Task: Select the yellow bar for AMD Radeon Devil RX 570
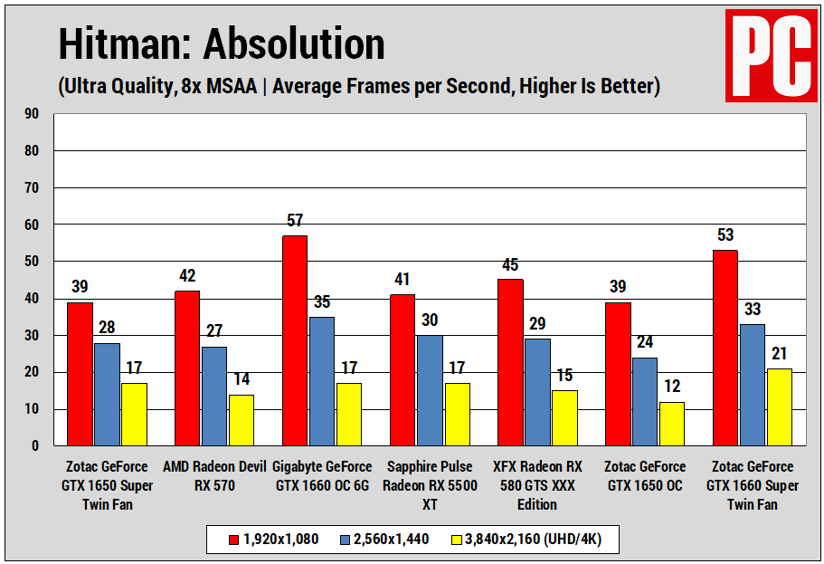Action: point(241,420)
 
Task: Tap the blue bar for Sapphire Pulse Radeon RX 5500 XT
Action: point(429,390)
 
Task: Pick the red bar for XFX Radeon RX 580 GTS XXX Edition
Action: point(510,362)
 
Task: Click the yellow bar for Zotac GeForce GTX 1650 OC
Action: point(672,424)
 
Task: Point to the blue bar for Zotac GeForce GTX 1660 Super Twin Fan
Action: point(753,385)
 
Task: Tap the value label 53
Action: point(726,235)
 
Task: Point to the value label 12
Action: point(672,387)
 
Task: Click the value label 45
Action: point(510,264)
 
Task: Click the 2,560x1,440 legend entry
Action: point(384,540)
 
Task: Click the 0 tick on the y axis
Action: point(36,446)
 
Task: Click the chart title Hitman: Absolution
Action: point(222,43)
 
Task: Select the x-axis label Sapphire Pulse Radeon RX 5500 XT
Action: point(430,485)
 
